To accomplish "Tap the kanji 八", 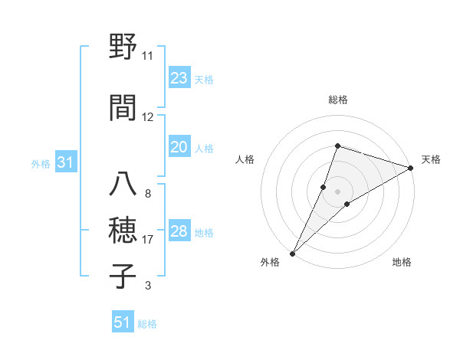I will tap(123, 184).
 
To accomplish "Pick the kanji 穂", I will tap(123, 230).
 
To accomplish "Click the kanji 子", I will tap(123, 276).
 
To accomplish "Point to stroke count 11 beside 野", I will tap(147, 56).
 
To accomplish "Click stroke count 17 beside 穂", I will tap(147, 240).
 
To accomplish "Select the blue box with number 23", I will tap(179, 78).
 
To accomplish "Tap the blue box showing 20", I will tap(179, 148).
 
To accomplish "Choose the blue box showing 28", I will tap(179, 232).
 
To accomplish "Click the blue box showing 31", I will tap(65, 163).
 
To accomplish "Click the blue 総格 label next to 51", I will tap(147, 324).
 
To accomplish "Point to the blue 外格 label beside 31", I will tap(41, 164).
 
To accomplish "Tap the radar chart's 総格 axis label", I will tap(337, 100).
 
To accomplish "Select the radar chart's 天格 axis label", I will tap(431, 159).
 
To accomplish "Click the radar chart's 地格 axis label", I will tap(402, 262).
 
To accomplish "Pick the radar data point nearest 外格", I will tap(293, 253).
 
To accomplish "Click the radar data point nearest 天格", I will tap(412, 168).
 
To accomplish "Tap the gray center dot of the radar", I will tap(337, 191).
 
